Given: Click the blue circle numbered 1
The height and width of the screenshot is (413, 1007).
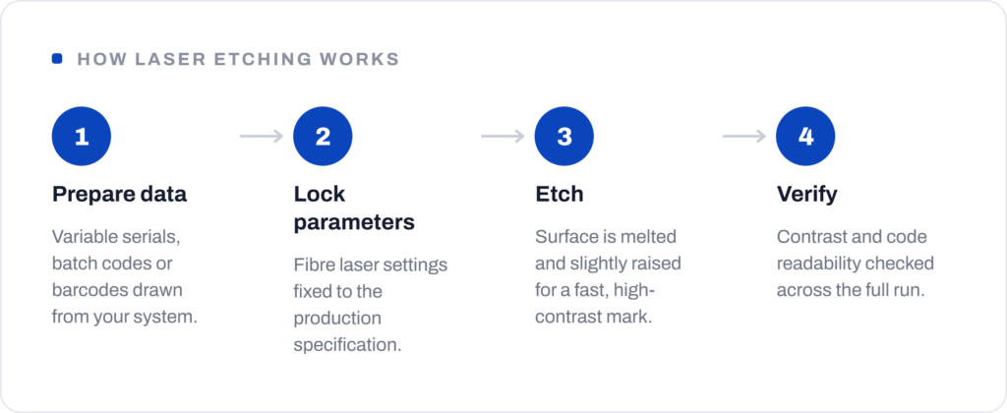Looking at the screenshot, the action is [x=82, y=136].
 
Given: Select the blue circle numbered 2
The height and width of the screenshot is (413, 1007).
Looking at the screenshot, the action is [x=323, y=136].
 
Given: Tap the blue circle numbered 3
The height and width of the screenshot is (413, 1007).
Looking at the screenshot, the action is [x=564, y=136].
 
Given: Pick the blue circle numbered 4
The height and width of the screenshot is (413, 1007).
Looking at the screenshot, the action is [x=806, y=136].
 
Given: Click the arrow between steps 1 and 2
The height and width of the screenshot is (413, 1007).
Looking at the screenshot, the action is [x=262, y=136].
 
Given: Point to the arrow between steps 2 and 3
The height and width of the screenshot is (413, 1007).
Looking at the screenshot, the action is [x=503, y=136].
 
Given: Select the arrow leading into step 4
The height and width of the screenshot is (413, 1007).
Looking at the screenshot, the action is [x=745, y=136].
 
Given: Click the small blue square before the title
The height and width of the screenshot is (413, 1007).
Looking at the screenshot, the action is [x=57, y=59].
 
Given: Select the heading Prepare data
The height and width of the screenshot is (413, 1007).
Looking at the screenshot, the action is [x=119, y=195].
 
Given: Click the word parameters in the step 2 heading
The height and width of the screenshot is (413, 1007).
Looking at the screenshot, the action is [x=354, y=223].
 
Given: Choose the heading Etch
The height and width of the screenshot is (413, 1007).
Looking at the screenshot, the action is [x=560, y=194].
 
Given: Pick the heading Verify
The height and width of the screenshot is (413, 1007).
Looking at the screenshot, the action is [x=807, y=195].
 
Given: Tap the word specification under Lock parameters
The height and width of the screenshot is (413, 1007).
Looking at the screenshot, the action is [x=347, y=345].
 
